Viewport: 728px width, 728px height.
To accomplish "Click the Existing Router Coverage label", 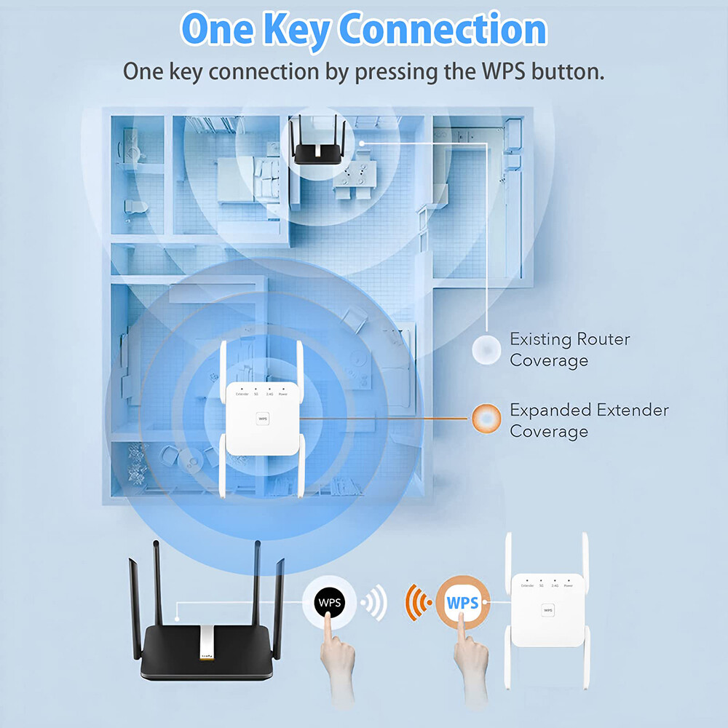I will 569,349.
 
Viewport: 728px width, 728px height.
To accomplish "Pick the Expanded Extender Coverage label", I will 588,420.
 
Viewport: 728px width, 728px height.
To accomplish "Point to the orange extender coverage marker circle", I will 486,419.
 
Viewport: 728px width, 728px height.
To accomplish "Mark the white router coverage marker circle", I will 486,349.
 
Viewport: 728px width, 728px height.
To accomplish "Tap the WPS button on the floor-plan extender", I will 261,419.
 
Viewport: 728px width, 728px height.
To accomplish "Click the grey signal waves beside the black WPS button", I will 374,604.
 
